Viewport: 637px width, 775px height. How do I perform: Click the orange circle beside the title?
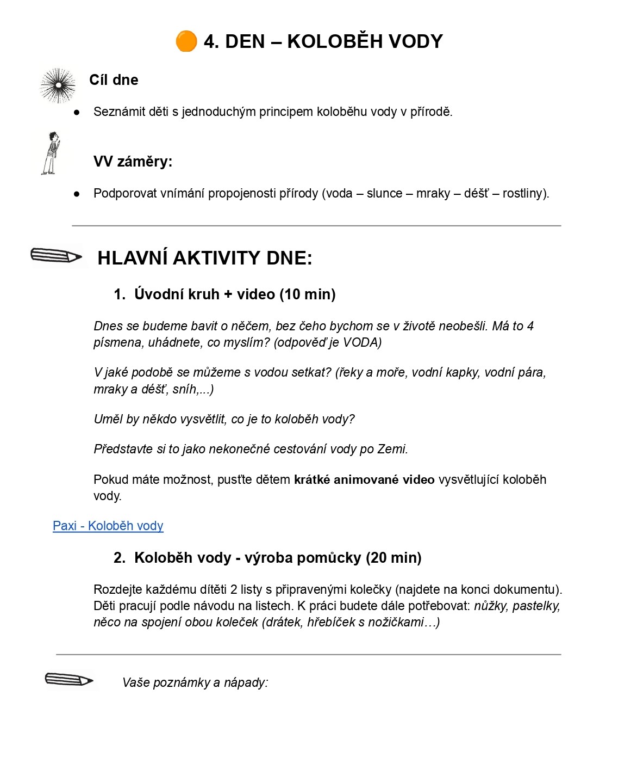(186, 41)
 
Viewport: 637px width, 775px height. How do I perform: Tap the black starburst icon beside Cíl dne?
(58, 85)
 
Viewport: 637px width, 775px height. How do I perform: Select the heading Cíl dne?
(114, 80)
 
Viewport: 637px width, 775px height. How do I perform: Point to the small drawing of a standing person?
(51, 153)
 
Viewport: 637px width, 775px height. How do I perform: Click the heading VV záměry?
(133, 162)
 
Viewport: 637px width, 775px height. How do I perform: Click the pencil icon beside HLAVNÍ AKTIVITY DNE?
(56, 256)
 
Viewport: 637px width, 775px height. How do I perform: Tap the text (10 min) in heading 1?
(307, 294)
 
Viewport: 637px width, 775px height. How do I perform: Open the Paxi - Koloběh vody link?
(108, 526)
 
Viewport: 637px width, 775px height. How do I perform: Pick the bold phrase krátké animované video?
(364, 479)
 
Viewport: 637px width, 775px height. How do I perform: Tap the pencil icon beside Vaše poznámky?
(69, 680)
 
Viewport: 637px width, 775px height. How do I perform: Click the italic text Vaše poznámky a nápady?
(195, 682)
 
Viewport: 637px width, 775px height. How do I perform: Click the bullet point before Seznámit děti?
(77, 112)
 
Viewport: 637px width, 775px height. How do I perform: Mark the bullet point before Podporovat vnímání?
(77, 194)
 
